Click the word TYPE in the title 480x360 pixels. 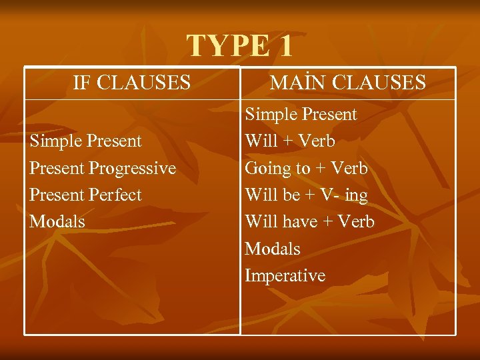click(226, 46)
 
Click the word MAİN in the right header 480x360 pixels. click(297, 83)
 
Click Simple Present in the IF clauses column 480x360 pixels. click(85, 141)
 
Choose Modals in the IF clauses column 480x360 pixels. click(57, 221)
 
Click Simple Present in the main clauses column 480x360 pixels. click(301, 115)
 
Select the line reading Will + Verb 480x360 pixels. click(290, 141)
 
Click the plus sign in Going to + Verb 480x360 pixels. click(320, 169)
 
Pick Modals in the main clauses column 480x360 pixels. click(273, 249)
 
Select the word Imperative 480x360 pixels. click(285, 275)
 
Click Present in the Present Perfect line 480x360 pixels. click(55, 195)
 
